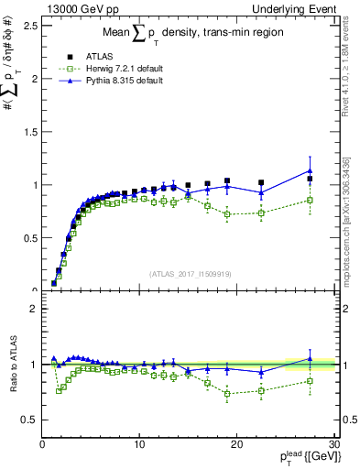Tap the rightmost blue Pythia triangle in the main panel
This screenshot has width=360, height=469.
(311, 170)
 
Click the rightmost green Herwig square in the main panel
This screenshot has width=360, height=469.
(311, 200)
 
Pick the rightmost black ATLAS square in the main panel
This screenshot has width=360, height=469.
(311, 179)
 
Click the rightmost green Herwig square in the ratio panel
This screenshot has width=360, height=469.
(311, 381)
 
